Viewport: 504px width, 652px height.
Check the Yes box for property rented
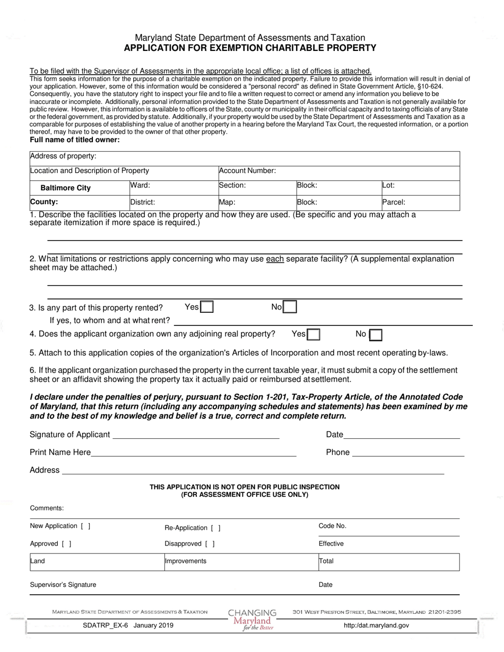click(x=207, y=307)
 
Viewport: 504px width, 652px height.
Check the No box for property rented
click(x=290, y=307)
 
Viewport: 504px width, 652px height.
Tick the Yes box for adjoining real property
click(x=314, y=334)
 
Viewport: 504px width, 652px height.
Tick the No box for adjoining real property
click(x=376, y=334)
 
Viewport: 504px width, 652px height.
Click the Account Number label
click(x=248, y=171)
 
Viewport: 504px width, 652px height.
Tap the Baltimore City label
click(x=66, y=188)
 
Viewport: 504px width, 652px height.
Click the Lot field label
click(x=388, y=186)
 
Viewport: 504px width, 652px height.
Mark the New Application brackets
click(x=85, y=526)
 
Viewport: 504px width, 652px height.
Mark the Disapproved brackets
click(x=210, y=543)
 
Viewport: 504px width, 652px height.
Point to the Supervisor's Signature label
click(x=63, y=585)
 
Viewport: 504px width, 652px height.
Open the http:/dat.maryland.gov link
click(x=376, y=625)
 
